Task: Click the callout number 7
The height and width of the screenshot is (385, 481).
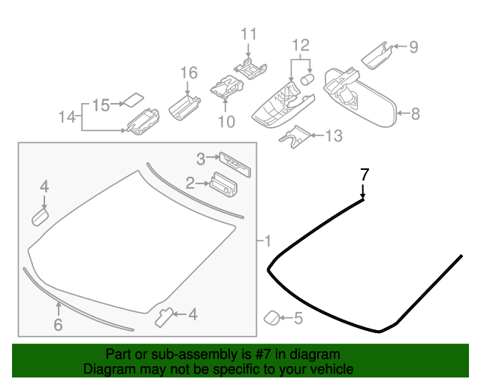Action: pyautogui.click(x=365, y=174)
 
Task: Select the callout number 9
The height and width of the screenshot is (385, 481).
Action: pyautogui.click(x=413, y=48)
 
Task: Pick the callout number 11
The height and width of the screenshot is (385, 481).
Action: pyautogui.click(x=248, y=34)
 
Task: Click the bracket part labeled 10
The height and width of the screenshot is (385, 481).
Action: pyautogui.click(x=225, y=87)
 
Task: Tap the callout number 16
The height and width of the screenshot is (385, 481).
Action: pyautogui.click(x=188, y=73)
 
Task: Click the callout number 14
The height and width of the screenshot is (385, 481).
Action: pyautogui.click(x=68, y=117)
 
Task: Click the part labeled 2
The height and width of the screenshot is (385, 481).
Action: pyautogui.click(x=223, y=183)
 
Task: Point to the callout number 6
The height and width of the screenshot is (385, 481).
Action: pyautogui.click(x=58, y=325)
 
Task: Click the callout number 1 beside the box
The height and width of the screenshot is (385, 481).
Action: pyautogui.click(x=267, y=241)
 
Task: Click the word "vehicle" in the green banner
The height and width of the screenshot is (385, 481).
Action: pyautogui.click(x=332, y=369)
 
